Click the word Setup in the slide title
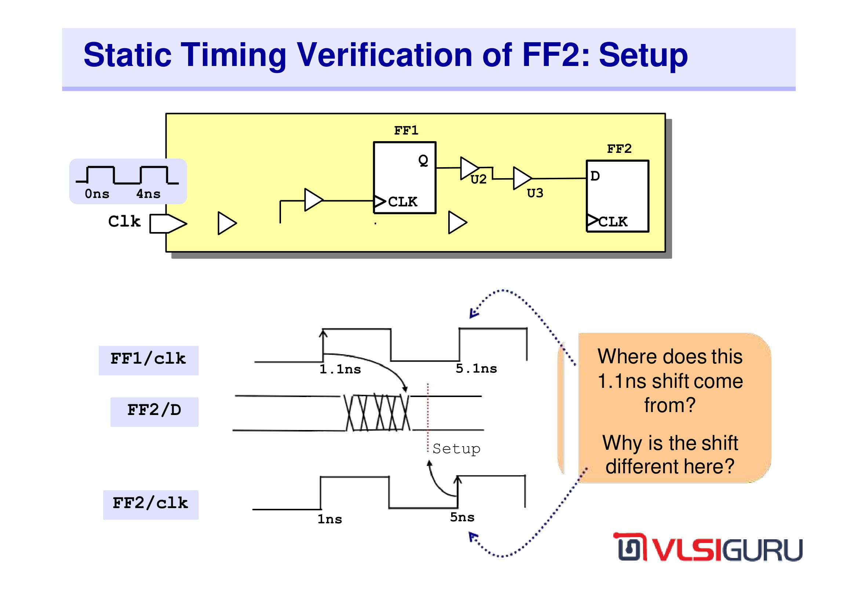click(x=643, y=55)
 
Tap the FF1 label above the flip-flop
click(x=406, y=130)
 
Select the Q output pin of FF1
click(x=423, y=161)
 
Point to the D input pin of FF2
click(x=595, y=176)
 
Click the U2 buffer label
click(x=478, y=179)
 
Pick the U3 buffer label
click(x=535, y=193)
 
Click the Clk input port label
click(x=124, y=221)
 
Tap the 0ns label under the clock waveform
click(x=97, y=194)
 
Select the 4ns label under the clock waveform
click(x=148, y=194)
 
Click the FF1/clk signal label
click(x=148, y=359)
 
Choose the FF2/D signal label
click(x=154, y=410)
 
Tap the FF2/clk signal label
click(x=150, y=503)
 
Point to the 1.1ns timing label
click(x=340, y=369)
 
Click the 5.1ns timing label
click(x=477, y=368)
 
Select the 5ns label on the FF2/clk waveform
click(x=462, y=517)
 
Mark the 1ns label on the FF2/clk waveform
click(x=330, y=519)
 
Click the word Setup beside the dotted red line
click(x=456, y=449)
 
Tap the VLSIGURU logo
click(x=708, y=547)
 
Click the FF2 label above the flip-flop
click(x=619, y=148)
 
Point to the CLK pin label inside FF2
click(x=613, y=222)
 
